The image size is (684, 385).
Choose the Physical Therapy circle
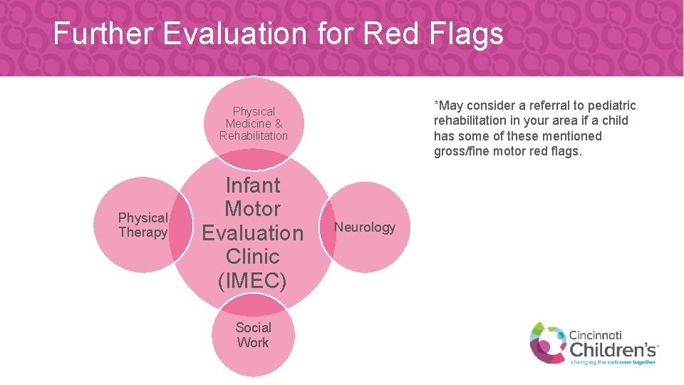click(x=142, y=225)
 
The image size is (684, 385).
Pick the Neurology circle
click(x=365, y=227)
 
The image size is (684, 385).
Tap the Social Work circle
click(x=253, y=335)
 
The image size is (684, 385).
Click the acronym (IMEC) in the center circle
click(x=252, y=280)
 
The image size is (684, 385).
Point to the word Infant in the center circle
click(x=252, y=185)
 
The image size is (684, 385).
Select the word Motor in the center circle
click(x=252, y=209)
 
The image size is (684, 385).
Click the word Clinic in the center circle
click(x=252, y=257)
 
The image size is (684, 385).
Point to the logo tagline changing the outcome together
click(x=612, y=362)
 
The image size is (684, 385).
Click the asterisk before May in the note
click(x=436, y=104)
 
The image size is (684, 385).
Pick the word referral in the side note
click(x=560, y=106)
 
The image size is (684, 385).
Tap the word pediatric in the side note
click(x=611, y=106)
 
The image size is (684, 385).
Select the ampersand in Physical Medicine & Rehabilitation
click(x=278, y=123)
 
